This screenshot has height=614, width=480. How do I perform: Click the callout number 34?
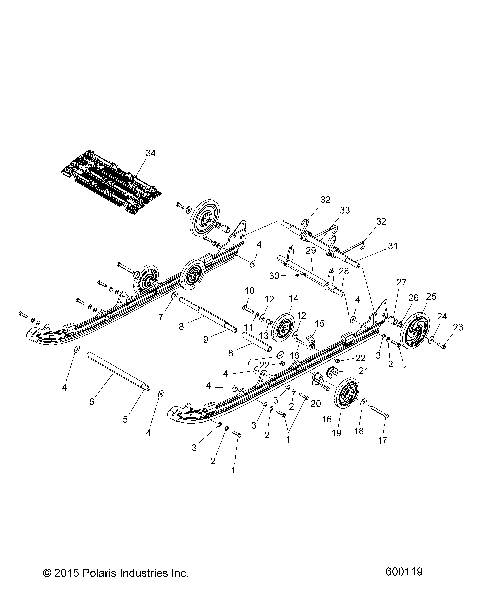pyautogui.click(x=150, y=153)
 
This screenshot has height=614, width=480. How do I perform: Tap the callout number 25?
pyautogui.click(x=431, y=297)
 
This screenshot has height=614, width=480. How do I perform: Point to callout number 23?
pyautogui.click(x=458, y=328)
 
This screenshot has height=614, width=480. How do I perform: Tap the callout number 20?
pyautogui.click(x=315, y=402)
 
